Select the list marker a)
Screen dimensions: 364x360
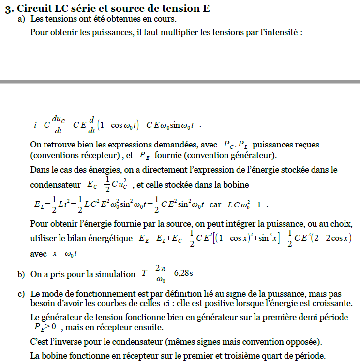coord(21,19)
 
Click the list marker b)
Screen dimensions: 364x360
coord(21,274)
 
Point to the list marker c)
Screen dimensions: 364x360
coord(21,294)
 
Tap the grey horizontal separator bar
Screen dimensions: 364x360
coord(180,82)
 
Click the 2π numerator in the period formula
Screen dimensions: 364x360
coord(161,268)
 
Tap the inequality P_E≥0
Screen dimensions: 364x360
coord(45,328)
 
